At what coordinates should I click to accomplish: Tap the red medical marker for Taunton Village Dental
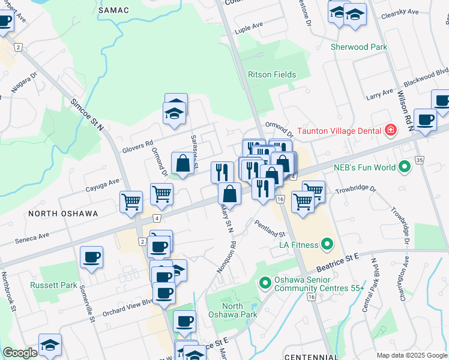[391, 130]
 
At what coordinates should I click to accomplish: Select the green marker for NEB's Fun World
[404, 167]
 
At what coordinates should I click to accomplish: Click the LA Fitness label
[297, 244]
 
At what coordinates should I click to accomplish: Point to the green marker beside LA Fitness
[327, 244]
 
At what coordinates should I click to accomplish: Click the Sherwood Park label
[359, 47]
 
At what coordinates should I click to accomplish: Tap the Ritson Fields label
[272, 74]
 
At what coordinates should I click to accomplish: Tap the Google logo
[20, 352]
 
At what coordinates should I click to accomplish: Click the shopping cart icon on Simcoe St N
[131, 202]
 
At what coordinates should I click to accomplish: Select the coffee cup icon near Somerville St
[91, 257]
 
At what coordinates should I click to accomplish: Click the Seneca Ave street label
[32, 238]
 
